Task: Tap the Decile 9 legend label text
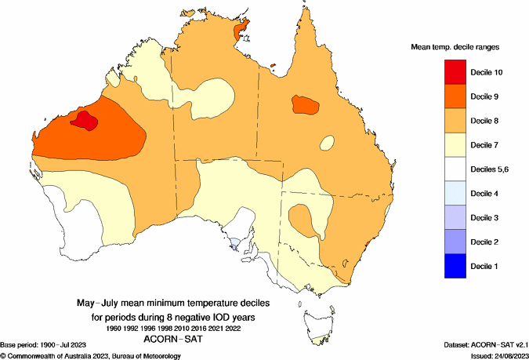[487, 96]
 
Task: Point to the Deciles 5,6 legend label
[491, 169]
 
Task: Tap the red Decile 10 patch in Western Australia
[83, 120]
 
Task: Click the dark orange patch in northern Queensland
[306, 104]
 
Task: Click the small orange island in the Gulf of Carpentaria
[273, 67]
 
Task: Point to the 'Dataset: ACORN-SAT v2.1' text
[484, 345]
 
